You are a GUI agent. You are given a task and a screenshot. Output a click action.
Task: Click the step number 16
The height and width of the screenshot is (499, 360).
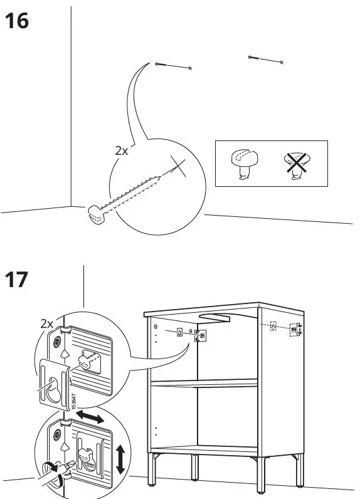16,22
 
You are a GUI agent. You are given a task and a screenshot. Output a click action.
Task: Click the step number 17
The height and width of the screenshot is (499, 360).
16,279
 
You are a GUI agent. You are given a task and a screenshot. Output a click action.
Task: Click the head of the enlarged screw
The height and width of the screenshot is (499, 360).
94,214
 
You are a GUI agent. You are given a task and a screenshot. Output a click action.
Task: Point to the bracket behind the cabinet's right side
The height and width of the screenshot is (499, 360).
295,328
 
